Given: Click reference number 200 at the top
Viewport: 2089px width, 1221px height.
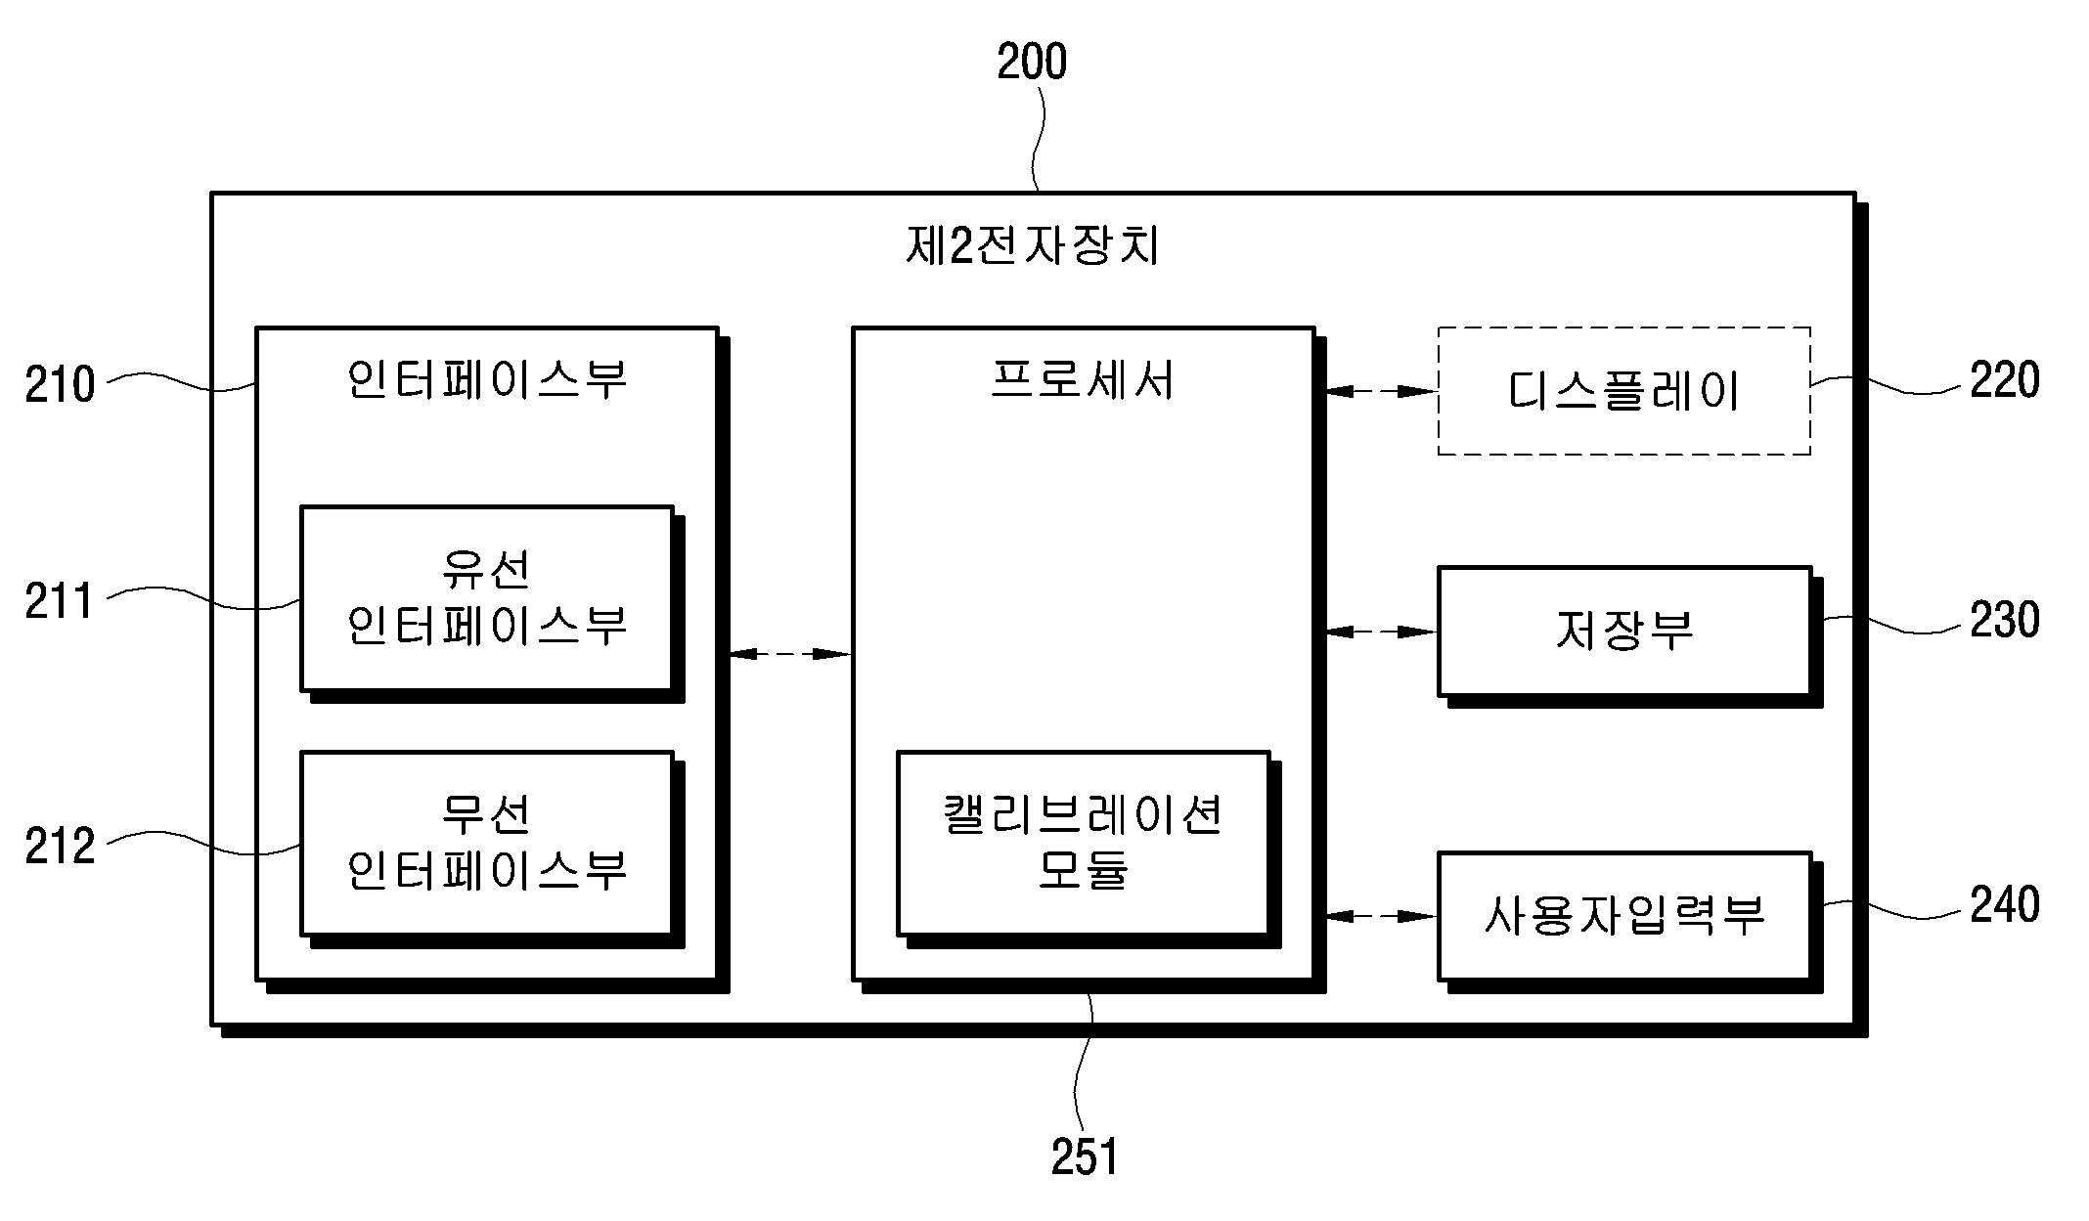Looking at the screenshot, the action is tap(1032, 62).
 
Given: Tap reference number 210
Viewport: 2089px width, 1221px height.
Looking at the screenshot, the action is tap(60, 384).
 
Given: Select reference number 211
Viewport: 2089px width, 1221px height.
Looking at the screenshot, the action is tap(59, 600).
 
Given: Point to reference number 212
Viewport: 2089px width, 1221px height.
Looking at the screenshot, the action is tap(60, 846).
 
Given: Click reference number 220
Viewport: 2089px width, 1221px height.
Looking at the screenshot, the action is tap(2005, 380).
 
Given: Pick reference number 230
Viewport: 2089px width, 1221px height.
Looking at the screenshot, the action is tap(2005, 620).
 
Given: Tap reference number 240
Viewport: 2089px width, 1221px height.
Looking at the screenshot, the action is tap(2005, 904).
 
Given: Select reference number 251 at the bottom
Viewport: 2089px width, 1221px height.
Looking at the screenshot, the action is tap(1084, 1157).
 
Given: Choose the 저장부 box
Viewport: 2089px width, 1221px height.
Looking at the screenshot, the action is tap(1624, 632).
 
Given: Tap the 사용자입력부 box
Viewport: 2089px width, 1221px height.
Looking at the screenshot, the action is tap(1624, 916).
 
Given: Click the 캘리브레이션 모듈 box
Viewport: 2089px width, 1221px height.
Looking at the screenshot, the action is tap(1084, 844).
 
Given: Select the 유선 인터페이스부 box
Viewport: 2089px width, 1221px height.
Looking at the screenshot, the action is tap(487, 598).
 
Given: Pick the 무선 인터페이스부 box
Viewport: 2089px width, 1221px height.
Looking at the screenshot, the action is tap(487, 844).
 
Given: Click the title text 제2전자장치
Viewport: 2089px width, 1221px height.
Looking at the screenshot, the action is tap(1033, 245).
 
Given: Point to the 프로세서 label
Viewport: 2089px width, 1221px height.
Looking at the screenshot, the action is tap(1082, 379).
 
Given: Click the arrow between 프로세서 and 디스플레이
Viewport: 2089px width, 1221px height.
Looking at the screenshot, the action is tap(1381, 391).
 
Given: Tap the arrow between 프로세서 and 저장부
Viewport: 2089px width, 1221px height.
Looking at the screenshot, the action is tap(1381, 632).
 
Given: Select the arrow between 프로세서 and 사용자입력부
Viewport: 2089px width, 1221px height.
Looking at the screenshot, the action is tap(1381, 916).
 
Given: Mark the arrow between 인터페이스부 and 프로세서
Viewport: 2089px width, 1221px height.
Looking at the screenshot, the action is tap(790, 653).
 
